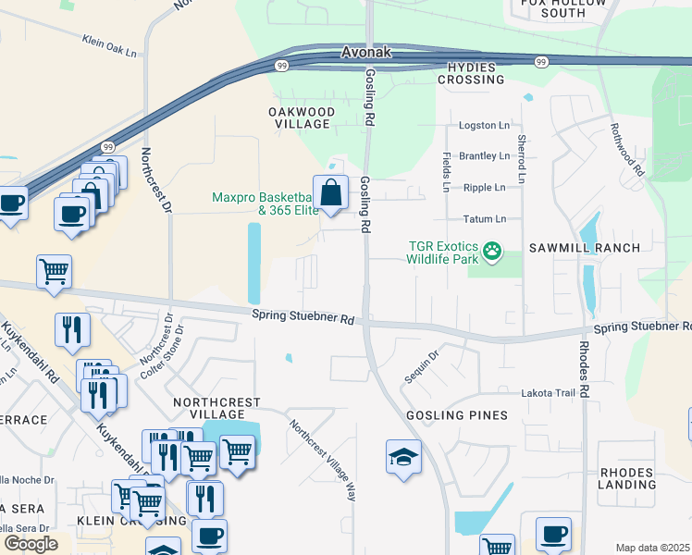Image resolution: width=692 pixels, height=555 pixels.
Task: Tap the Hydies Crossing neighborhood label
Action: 476,73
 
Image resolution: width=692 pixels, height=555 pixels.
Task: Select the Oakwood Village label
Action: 300,117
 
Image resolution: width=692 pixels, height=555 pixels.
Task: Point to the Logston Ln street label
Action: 484,125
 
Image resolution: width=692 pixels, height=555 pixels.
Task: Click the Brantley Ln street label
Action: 484,156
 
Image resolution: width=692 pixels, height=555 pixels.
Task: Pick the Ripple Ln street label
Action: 484,187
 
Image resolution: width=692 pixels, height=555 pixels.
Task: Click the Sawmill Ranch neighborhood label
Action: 584,248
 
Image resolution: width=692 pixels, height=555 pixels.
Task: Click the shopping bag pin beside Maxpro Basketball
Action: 330,193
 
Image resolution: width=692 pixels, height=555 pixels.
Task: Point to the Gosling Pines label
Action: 457,415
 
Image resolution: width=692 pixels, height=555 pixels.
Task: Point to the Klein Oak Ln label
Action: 109,46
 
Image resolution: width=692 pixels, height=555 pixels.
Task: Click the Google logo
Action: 31,544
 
